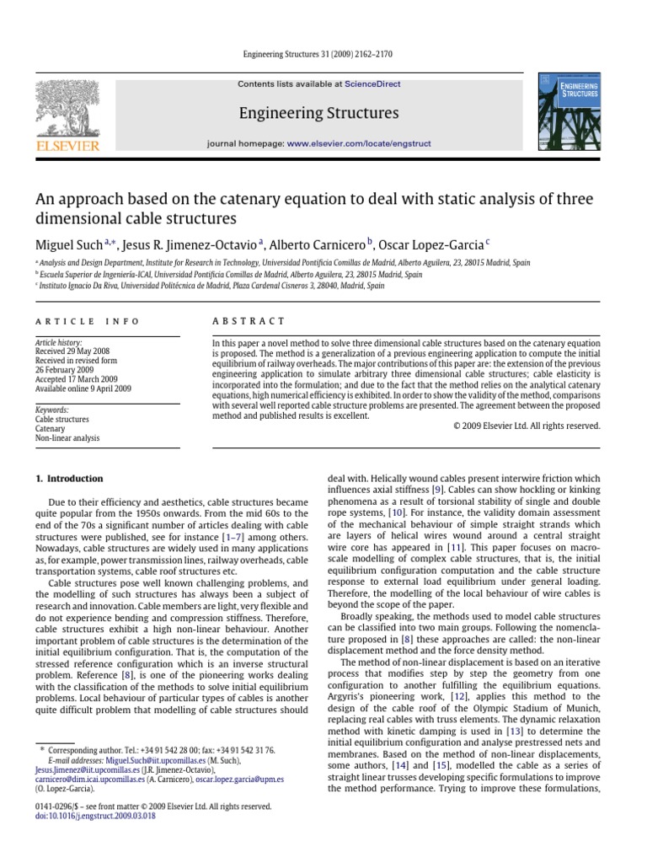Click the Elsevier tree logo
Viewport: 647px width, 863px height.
[67, 108]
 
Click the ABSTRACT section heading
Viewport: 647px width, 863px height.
[237, 321]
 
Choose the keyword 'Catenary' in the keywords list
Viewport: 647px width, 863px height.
[50, 428]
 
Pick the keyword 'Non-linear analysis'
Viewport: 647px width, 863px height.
[67, 438]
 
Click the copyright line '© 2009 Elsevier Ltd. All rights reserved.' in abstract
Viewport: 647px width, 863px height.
[527, 426]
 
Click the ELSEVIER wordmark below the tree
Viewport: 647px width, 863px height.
[67, 145]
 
